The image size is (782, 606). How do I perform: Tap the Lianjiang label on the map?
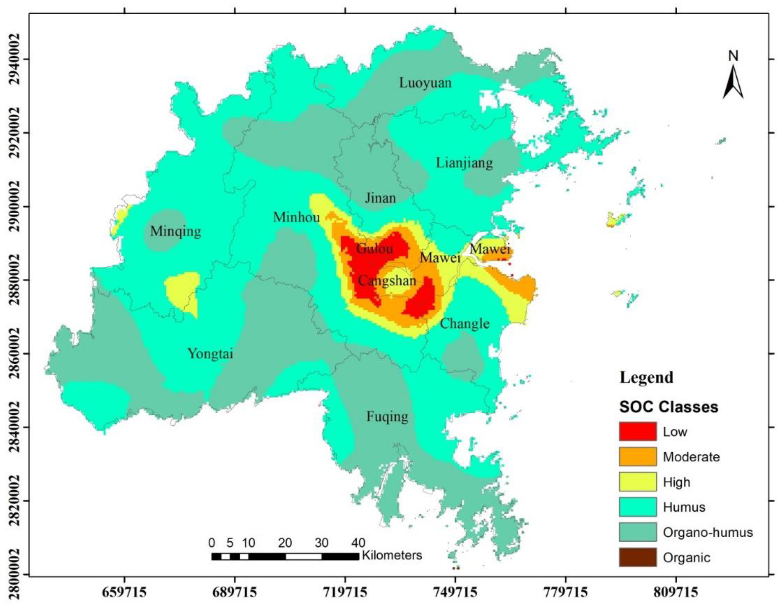tap(464, 163)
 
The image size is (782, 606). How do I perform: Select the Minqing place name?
tap(176, 231)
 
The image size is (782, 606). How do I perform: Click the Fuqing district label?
tap(387, 417)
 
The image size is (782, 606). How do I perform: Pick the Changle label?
tap(464, 323)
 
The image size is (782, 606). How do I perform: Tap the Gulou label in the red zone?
tap(375, 248)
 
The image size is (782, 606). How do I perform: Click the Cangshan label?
tap(387, 281)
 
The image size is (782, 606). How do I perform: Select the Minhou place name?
tap(297, 217)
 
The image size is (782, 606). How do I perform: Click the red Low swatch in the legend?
tap(638, 431)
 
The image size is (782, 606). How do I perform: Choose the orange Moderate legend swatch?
tap(638, 456)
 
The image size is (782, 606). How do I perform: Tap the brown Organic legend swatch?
tap(638, 557)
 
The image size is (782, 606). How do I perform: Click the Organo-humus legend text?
tap(708, 532)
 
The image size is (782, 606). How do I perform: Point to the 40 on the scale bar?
tap(358, 543)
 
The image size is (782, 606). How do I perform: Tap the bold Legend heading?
tap(646, 378)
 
